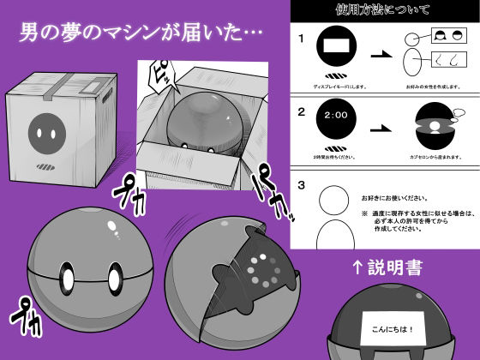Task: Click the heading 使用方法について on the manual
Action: pyautogui.click(x=382, y=11)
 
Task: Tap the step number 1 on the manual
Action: pyautogui.click(x=301, y=39)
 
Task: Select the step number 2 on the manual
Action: pyautogui.click(x=301, y=112)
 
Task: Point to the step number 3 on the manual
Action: pyautogui.click(x=301, y=183)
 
